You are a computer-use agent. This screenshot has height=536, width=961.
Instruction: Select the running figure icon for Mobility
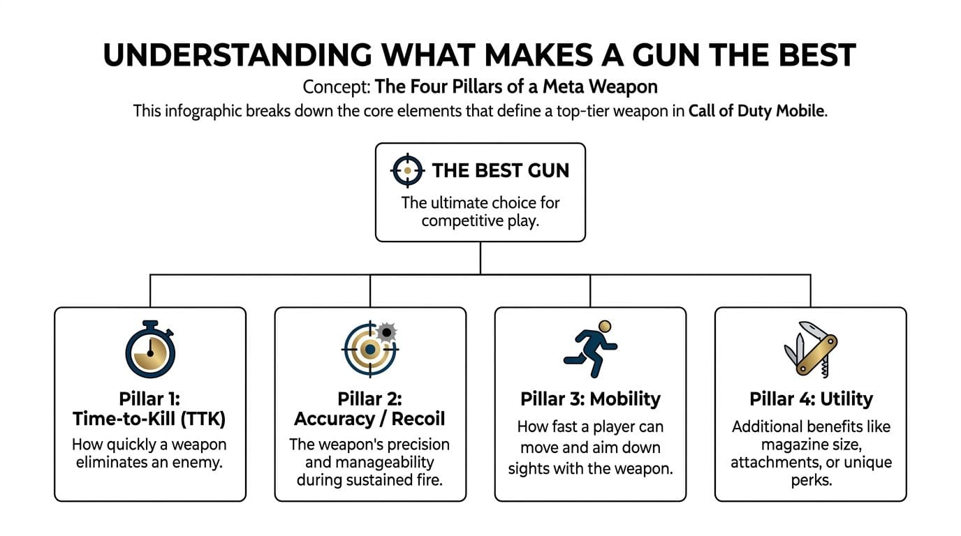[x=590, y=349]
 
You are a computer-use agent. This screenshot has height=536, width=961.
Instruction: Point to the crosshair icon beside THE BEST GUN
[x=407, y=170]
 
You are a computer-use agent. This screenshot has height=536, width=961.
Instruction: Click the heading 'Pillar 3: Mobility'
[x=590, y=399]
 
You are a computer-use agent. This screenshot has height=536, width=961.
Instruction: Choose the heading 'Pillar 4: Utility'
[x=811, y=399]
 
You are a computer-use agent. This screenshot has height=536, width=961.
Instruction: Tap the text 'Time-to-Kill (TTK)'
[x=150, y=419]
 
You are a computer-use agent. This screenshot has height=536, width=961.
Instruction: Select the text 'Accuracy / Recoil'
[x=369, y=419]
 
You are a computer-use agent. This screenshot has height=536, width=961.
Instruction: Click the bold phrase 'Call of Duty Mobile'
[x=756, y=112]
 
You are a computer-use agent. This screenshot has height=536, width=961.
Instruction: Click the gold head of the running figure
[x=605, y=327]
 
